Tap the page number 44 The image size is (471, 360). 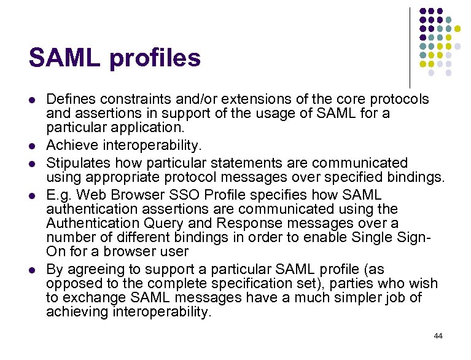pyautogui.click(x=438, y=336)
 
